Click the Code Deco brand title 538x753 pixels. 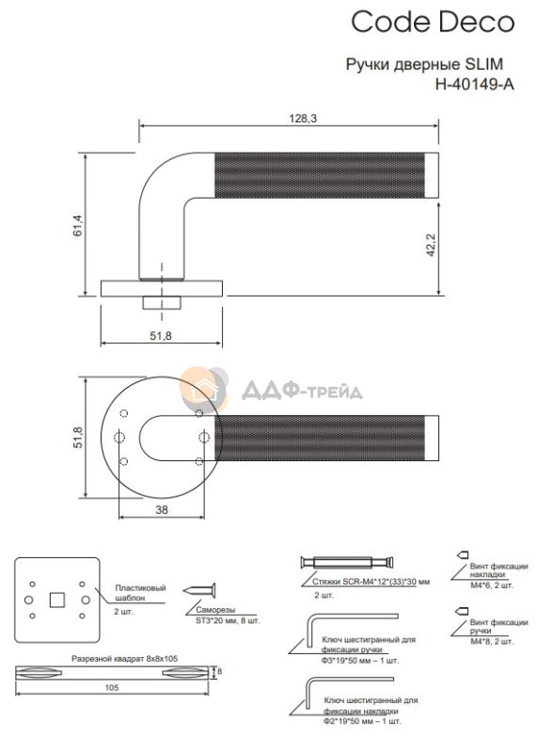[433, 22]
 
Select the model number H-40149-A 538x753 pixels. [474, 85]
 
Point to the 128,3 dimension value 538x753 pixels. [303, 119]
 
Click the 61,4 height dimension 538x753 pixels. [78, 225]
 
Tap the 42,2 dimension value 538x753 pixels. [430, 245]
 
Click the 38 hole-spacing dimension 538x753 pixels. [162, 509]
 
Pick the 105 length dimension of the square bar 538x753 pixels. [111, 688]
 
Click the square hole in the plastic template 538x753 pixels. [57, 600]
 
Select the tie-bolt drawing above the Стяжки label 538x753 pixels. [346, 562]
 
